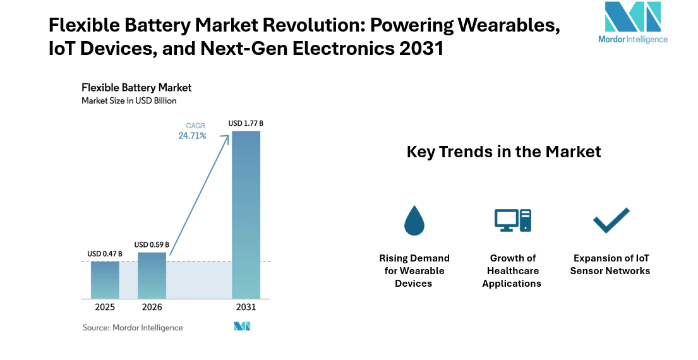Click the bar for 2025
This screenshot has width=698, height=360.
105,279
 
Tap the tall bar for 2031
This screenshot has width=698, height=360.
246,215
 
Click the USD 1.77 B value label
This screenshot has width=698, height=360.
246,123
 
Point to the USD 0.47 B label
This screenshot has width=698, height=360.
105,254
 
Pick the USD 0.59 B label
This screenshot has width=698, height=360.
152,244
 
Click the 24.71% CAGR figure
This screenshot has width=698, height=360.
192,136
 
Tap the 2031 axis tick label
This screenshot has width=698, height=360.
246,308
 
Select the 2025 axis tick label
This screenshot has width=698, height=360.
105,308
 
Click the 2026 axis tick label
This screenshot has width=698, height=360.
152,308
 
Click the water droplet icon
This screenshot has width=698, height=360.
414,220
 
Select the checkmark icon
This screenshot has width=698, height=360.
611,220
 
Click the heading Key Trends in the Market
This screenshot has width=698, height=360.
503,152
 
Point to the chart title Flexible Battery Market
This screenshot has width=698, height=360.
136,87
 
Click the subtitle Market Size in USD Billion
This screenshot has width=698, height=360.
129,100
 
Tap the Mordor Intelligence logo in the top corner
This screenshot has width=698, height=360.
632,22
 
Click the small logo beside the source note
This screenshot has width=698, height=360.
242,327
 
